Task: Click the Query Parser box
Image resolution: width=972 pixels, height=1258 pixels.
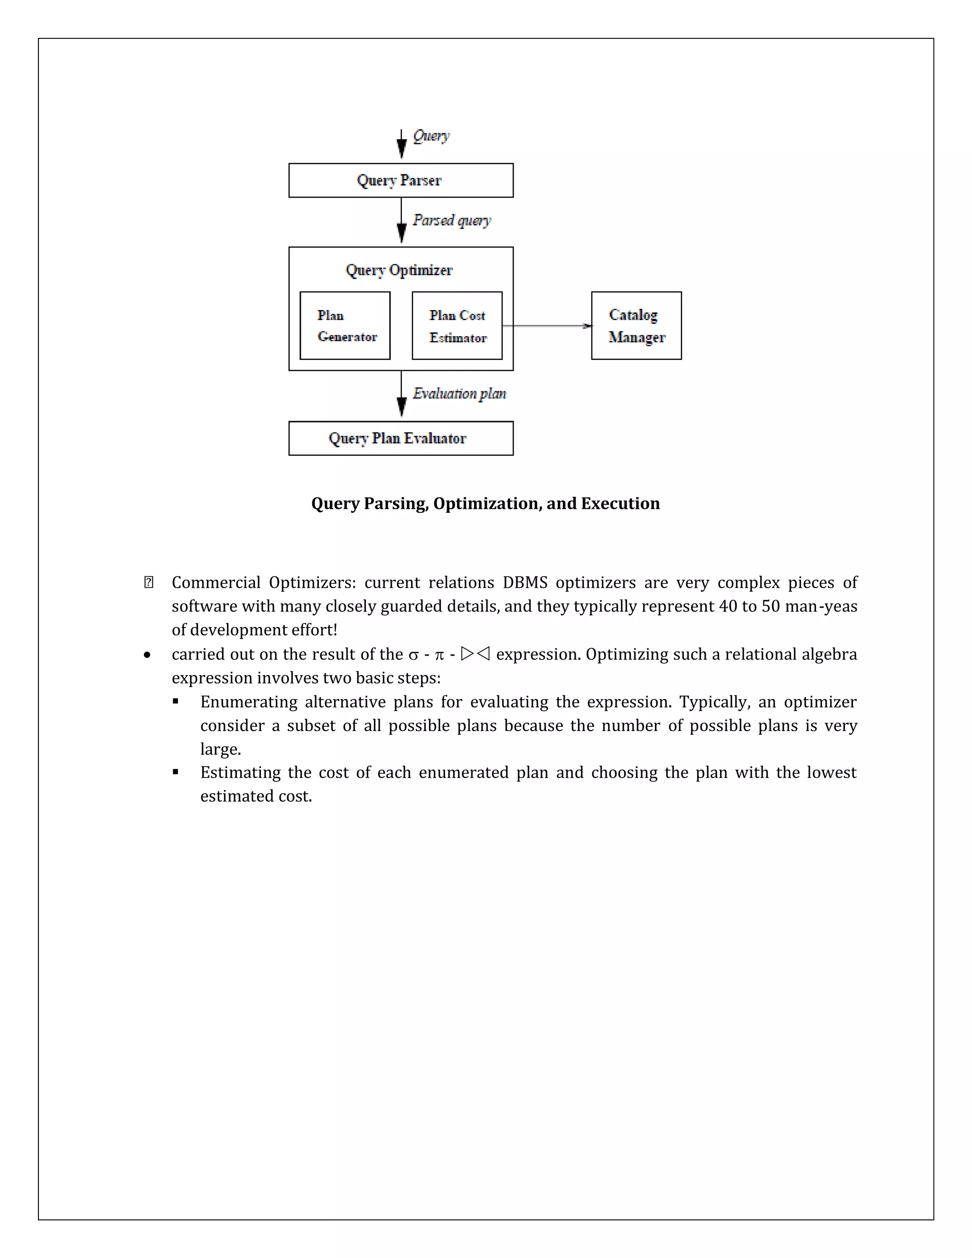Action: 401,180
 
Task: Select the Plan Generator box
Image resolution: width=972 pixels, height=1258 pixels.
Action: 345,326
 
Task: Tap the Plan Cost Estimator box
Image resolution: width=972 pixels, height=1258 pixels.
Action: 457,326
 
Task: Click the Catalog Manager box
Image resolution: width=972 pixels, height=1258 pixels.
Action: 636,326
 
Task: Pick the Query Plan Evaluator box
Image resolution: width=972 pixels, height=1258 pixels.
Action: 401,438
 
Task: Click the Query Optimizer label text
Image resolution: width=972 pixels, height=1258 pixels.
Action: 399,270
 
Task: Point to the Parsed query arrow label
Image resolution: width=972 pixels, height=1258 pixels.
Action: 452,221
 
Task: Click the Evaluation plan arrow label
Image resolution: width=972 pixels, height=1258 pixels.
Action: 459,394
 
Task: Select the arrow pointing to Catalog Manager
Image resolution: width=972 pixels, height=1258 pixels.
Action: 547,326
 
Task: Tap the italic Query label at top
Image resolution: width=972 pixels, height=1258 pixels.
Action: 431,136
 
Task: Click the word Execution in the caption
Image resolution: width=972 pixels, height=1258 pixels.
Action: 620,503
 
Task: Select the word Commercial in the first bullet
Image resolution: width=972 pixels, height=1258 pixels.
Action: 216,582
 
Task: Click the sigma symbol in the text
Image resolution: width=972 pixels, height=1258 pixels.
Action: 413,655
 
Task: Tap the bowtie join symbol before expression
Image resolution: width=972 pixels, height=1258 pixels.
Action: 476,654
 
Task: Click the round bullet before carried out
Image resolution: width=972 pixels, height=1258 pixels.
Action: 148,655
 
